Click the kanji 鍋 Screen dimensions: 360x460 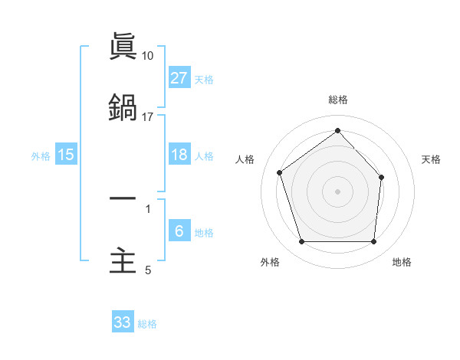[123, 107]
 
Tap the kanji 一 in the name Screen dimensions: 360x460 [123, 199]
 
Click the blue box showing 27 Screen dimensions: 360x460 [179, 77]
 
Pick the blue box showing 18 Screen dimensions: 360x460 [179, 155]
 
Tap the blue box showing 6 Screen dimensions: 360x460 [179, 231]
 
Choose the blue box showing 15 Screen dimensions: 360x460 [66, 155]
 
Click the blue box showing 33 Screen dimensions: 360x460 [123, 322]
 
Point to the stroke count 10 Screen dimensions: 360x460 [148, 56]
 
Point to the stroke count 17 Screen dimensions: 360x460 [148, 117]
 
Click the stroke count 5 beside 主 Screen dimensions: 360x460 [148, 270]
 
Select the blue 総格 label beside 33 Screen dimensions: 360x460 [147, 324]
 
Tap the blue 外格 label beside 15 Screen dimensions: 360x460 [41, 156]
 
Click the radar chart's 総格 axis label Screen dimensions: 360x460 [338, 100]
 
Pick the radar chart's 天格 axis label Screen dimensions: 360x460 [432, 159]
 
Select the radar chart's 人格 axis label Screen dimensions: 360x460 [245, 159]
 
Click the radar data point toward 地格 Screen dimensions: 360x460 [373, 242]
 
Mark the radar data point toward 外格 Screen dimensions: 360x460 [301, 242]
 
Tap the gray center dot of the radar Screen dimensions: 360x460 [337, 191]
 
